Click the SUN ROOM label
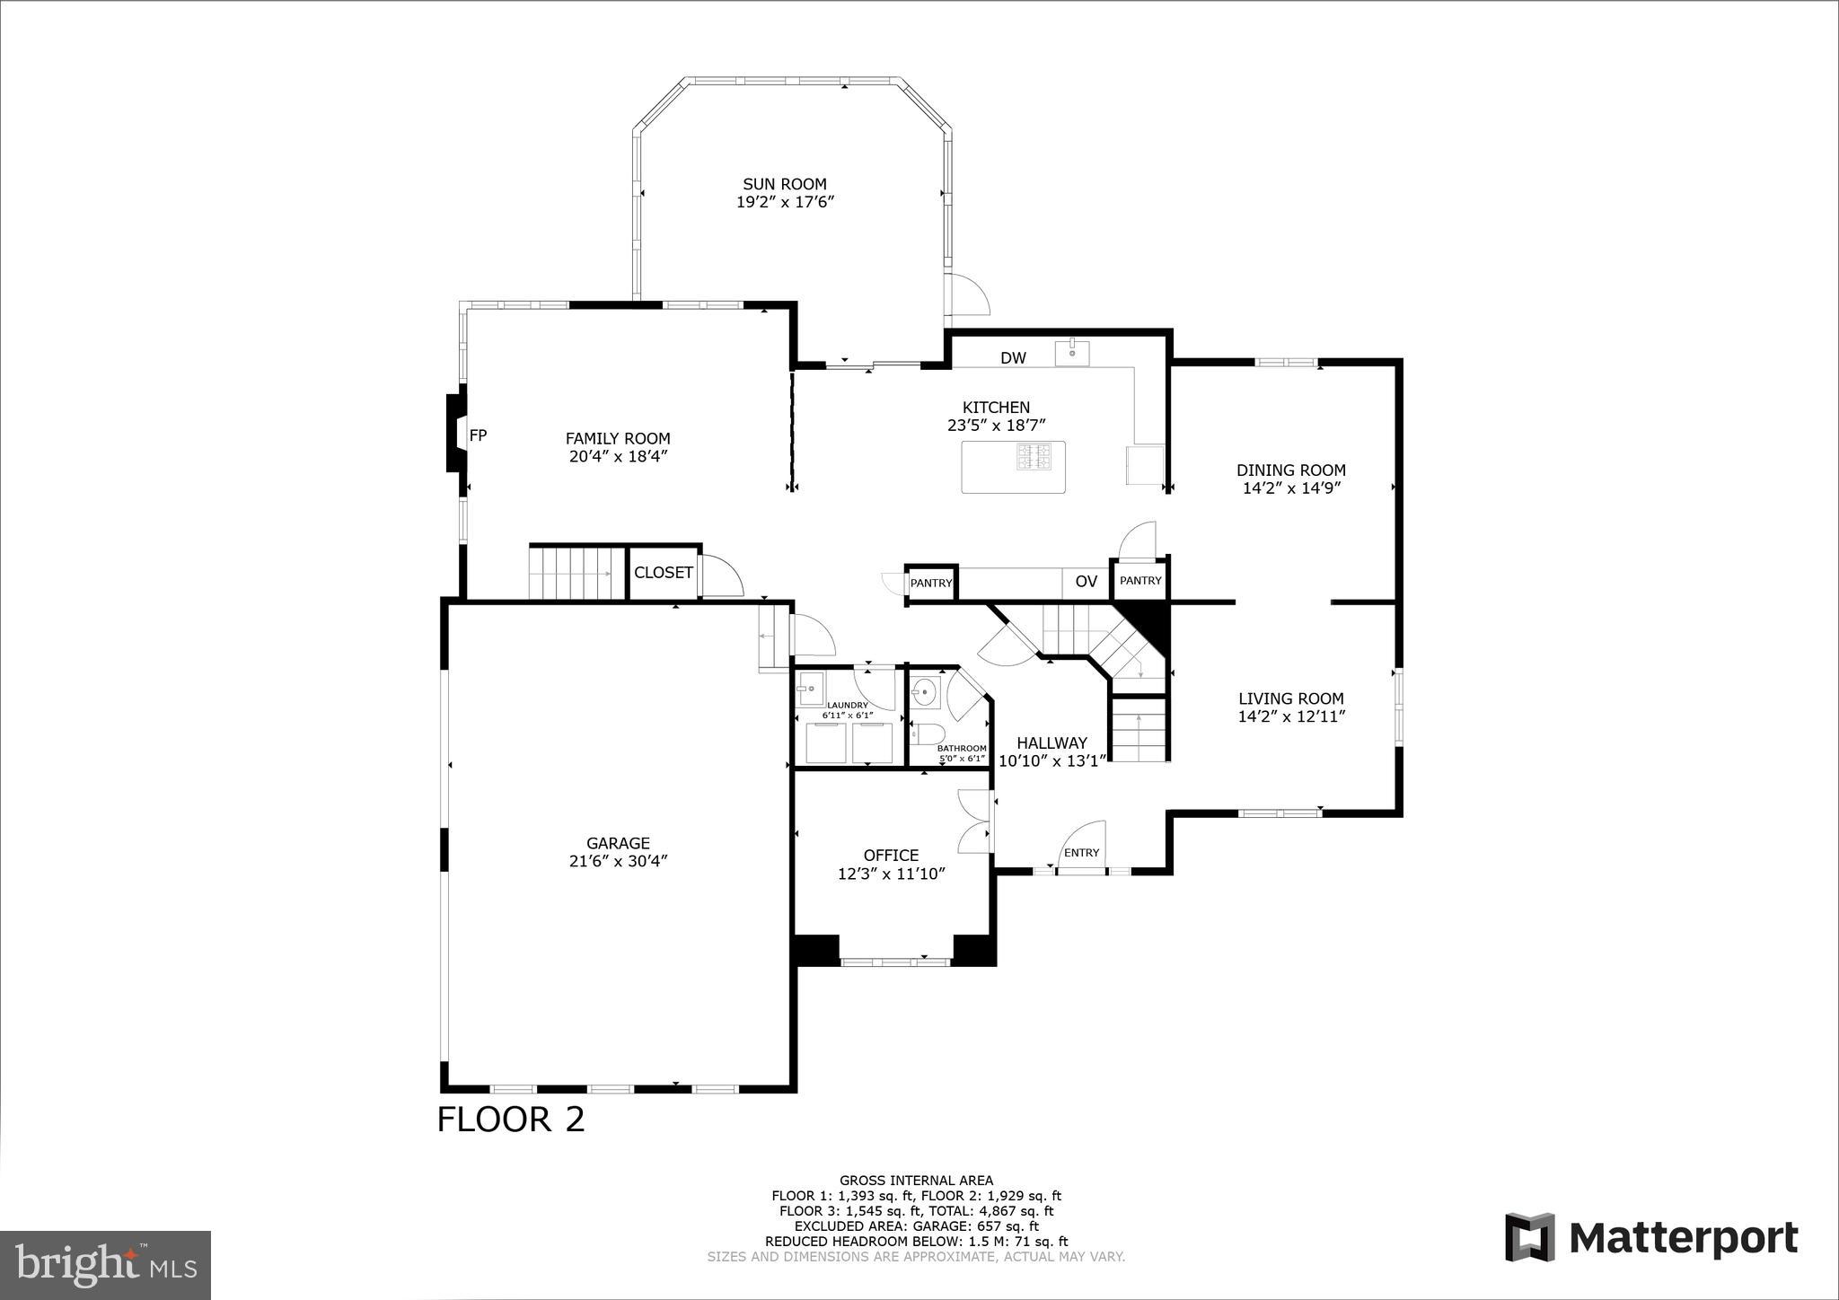pos(784,184)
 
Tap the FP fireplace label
pos(478,435)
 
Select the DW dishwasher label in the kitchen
pos(1013,358)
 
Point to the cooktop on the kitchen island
pos(1033,456)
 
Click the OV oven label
pos(1086,582)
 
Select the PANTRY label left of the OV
pos(930,584)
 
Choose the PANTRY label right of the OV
pos(1140,581)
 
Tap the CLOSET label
pos(663,573)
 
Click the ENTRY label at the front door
pos(1081,853)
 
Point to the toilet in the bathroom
pos(926,733)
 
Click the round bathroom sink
pos(924,692)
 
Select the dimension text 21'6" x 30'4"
pos(618,861)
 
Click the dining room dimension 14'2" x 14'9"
pos(1290,488)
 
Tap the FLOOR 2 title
pos(510,1120)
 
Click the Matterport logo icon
pos(1529,1237)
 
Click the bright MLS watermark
pos(105,1265)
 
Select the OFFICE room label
pos(891,856)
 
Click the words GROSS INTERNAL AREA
pos(916,1181)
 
